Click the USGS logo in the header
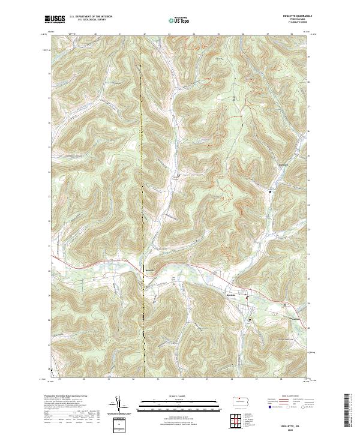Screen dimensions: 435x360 point(55,19)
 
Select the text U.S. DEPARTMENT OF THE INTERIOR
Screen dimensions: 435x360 point(91,17)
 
